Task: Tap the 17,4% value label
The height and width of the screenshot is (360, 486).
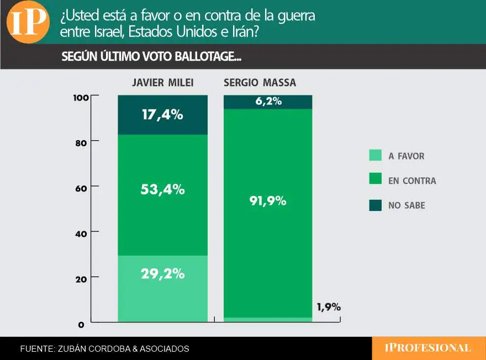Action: pos(162,115)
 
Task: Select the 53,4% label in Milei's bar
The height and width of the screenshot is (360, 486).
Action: pos(162,189)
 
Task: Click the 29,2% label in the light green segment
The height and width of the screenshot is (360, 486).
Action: pos(162,274)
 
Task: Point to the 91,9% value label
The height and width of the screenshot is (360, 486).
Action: pos(267,200)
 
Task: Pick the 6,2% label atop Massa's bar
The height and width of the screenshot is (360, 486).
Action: pos(268,101)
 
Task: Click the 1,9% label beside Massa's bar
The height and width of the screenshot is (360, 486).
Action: pos(329,308)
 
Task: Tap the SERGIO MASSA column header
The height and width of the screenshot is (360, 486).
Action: pos(260,83)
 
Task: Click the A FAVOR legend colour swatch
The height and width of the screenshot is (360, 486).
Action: pos(375,156)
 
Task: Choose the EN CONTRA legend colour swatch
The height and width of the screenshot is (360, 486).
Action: pos(375,181)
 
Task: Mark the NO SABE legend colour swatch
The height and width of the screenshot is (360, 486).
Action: pos(375,205)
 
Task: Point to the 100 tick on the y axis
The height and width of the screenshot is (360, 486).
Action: pos(81,97)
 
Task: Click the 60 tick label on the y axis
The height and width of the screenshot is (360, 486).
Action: pos(81,187)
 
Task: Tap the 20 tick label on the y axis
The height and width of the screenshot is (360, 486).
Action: pos(81,279)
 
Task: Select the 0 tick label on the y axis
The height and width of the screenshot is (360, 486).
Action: pos(81,325)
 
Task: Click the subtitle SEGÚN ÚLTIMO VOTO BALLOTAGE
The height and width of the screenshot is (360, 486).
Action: pos(152,57)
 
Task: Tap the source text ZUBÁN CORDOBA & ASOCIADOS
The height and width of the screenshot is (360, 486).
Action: pos(104,349)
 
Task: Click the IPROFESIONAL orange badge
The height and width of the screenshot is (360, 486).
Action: pos(428,348)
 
